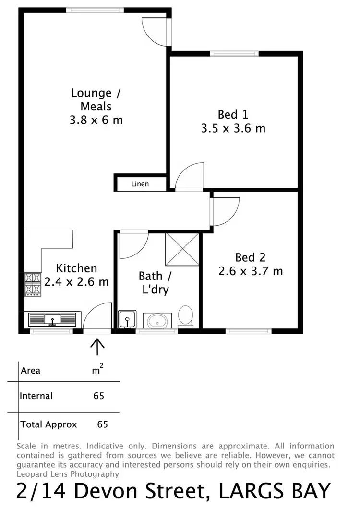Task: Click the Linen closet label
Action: [x=140, y=184]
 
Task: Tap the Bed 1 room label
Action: [x=233, y=115]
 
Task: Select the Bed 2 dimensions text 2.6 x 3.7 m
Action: [x=251, y=271]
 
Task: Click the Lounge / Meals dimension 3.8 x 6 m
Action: [x=96, y=120]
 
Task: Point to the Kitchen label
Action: [x=76, y=268]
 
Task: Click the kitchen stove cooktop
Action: [x=33, y=284]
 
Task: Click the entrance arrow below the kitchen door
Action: [x=97, y=345]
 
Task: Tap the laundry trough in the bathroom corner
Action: [x=127, y=319]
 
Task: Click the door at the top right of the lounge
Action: [x=156, y=31]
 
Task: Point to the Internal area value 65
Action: [x=99, y=396]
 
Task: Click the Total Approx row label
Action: [x=48, y=424]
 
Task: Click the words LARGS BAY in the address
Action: [x=275, y=492]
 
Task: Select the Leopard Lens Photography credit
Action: [x=68, y=474]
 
